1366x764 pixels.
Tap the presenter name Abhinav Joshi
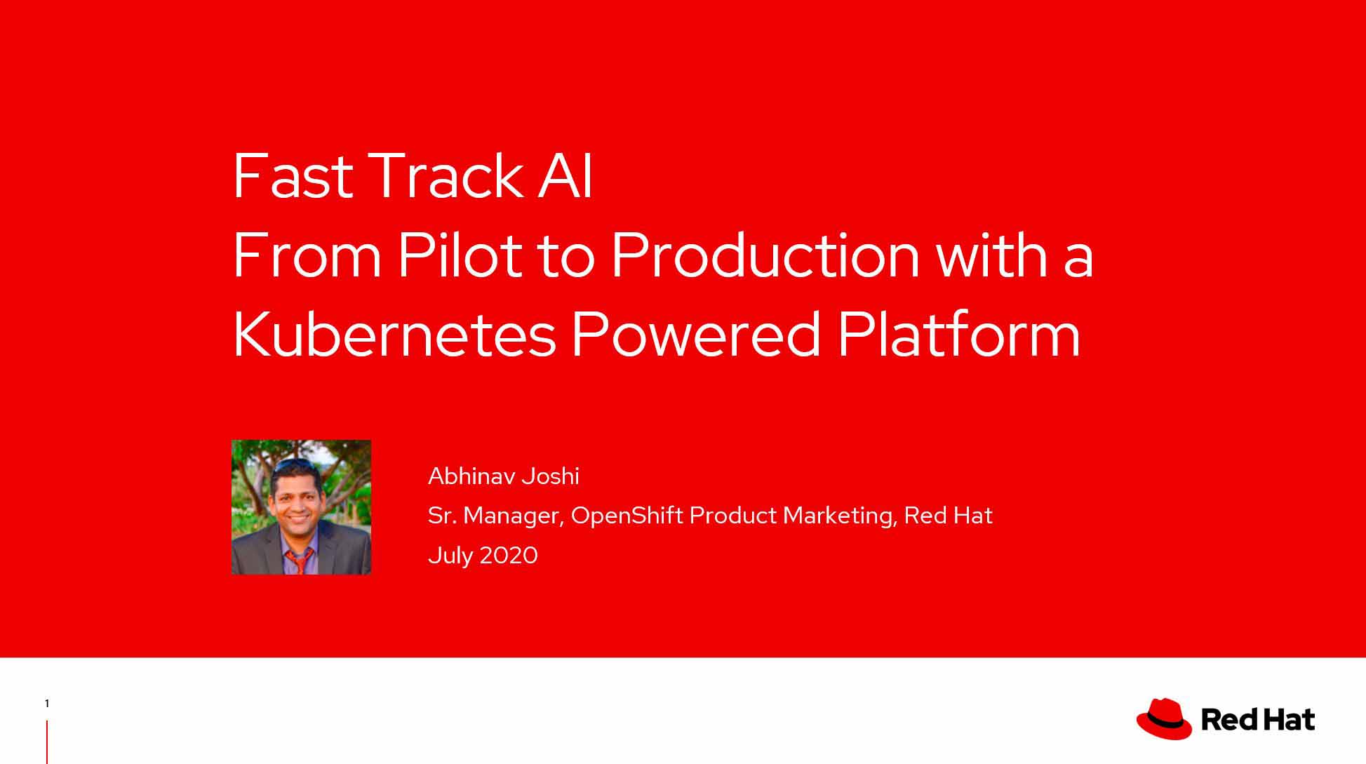point(504,476)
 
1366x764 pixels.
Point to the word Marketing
point(839,516)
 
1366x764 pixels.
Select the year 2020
point(509,556)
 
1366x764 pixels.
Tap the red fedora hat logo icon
point(1164,718)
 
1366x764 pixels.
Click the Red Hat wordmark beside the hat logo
point(1258,720)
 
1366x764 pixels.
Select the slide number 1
point(47,704)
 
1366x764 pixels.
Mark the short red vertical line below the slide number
point(47,742)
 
